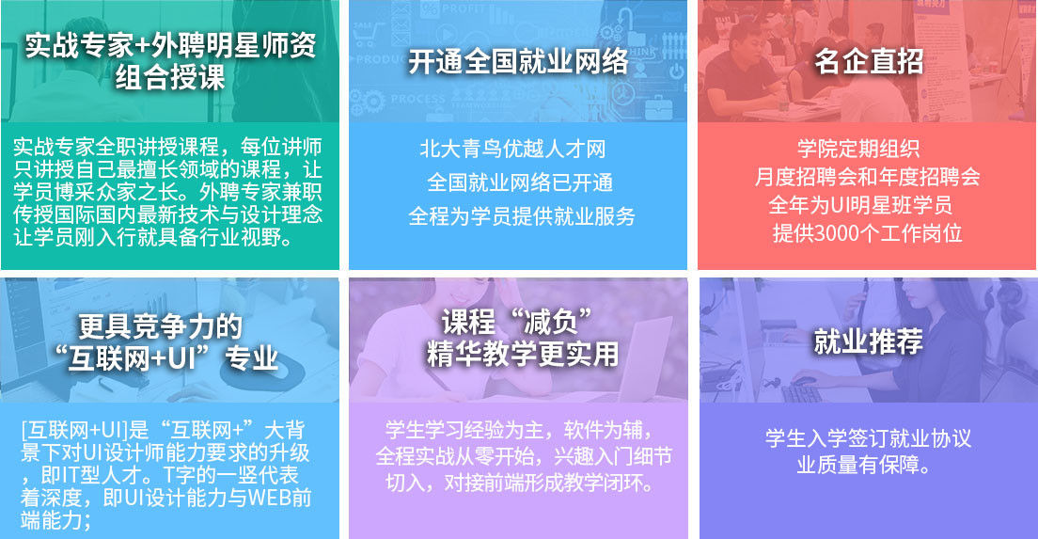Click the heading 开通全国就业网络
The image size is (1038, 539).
click(518, 61)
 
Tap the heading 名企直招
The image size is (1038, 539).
click(868, 61)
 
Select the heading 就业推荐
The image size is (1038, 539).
click(868, 341)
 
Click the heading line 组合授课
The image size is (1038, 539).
click(170, 77)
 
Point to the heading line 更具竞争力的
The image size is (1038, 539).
click(160, 325)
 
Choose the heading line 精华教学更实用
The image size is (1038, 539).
click(523, 354)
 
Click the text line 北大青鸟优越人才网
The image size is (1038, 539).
click(513, 149)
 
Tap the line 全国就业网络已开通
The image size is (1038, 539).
click(520, 182)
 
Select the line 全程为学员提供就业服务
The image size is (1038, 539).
click(522, 215)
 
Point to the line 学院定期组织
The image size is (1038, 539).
click(858, 149)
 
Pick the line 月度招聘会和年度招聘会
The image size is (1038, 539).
click(867, 177)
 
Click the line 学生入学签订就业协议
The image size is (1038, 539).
click(868, 437)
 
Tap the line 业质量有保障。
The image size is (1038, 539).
click(864, 465)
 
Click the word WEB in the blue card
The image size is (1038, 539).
click(269, 498)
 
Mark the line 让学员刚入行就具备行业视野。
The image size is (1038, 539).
click(153, 237)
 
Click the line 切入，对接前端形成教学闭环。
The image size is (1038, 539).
click(520, 482)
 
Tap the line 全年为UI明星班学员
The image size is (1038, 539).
click(860, 205)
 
